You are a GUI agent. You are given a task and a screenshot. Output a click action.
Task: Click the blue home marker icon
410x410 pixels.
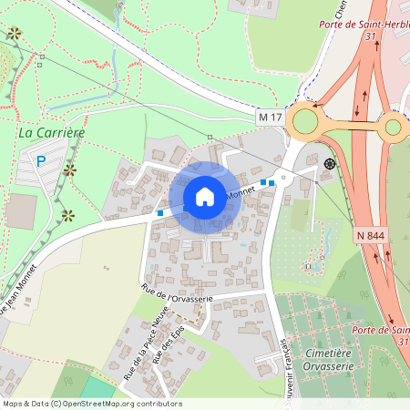pyautogui.click(x=205, y=197)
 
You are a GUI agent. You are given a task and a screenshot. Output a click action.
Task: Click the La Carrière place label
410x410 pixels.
pyautogui.click(x=51, y=133)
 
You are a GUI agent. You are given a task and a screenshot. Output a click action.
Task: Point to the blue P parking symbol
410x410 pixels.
pyautogui.click(x=40, y=161)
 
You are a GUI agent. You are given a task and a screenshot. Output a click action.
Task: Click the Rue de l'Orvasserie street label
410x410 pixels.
pyautogui.click(x=177, y=294)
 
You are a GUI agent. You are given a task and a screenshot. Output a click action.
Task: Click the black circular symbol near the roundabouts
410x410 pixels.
pyautogui.click(x=329, y=164)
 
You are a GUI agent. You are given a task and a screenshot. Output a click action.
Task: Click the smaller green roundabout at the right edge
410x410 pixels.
pyautogui.click(x=394, y=127)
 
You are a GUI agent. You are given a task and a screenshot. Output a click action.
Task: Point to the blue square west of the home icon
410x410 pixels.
pyautogui.click(x=159, y=213)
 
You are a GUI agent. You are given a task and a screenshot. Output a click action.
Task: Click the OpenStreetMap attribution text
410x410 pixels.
pyautogui.click(x=91, y=404)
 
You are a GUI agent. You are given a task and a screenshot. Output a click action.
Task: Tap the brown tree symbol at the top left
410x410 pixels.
pyautogui.click(x=14, y=34)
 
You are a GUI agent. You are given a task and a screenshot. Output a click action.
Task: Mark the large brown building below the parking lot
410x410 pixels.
pyautogui.click(x=21, y=210)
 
